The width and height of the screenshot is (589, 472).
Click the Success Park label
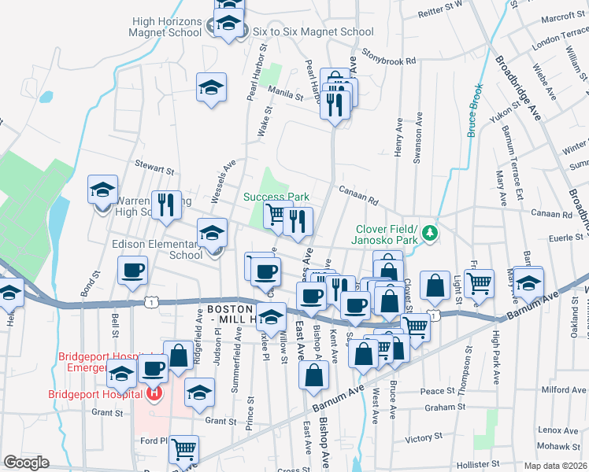[x=275, y=197]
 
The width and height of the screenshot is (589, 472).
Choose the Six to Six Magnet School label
[x=313, y=32]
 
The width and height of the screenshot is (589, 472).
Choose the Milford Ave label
[x=560, y=389]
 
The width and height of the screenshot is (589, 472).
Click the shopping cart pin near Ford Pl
[x=183, y=449]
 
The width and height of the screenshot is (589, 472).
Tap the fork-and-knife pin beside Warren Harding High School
[x=166, y=205]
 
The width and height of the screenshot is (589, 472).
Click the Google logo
[x=26, y=463]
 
